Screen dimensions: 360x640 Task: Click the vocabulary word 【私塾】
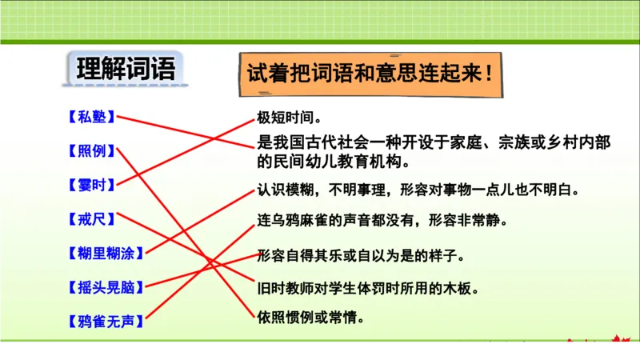tap(90, 118)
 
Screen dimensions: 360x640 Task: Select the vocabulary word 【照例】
tap(90, 150)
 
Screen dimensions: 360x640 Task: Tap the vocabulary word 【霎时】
tap(90, 184)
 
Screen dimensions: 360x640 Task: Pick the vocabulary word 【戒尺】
tap(90, 218)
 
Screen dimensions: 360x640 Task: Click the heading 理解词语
tap(125, 69)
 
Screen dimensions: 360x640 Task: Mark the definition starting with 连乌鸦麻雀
tap(382, 219)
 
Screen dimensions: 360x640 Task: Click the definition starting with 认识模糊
tap(417, 191)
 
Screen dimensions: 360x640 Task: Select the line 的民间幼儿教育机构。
tap(333, 161)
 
